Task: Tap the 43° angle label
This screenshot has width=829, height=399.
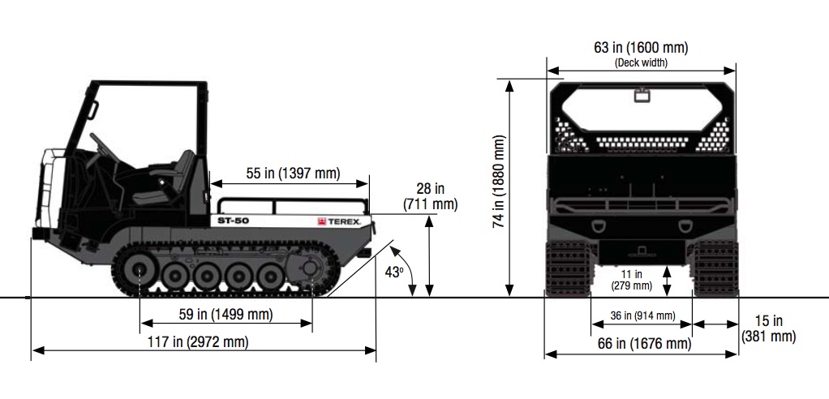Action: (394, 272)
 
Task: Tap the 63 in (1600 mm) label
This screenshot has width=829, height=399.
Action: (641, 48)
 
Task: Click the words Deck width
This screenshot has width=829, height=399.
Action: (641, 62)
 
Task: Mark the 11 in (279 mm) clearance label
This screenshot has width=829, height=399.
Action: (631, 280)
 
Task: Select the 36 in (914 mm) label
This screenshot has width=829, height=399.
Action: (642, 315)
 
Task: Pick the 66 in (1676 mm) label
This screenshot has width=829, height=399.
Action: (641, 344)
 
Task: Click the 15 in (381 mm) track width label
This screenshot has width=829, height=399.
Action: (768, 328)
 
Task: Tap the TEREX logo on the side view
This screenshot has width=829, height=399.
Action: (337, 221)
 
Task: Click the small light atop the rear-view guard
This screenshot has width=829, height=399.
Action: (642, 96)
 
